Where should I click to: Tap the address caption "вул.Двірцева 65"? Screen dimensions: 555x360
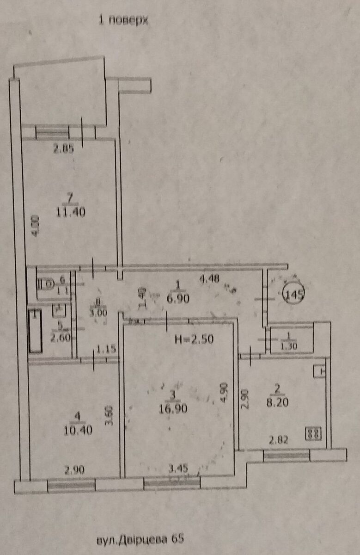137,539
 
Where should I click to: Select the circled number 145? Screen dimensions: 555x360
293,294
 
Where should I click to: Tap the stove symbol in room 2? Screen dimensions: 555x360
313,434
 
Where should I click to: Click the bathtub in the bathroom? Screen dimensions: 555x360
36,331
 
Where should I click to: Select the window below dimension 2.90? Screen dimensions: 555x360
72,486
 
